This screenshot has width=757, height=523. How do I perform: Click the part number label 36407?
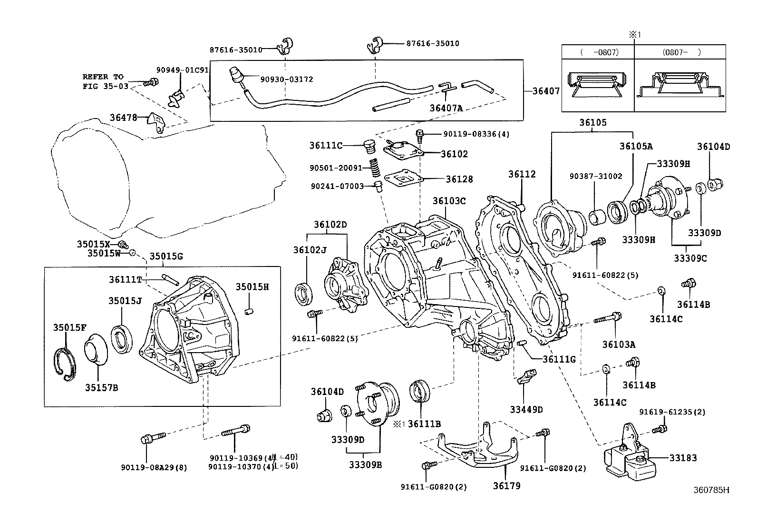[x=546, y=91]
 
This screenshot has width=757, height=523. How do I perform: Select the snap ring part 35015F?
[x=64, y=365]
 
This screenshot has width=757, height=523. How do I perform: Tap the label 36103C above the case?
[x=448, y=201]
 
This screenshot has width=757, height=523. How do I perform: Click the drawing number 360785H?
[x=710, y=490]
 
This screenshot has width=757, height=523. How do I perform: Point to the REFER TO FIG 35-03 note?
[x=103, y=81]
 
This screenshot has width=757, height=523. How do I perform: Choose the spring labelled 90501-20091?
[x=376, y=167]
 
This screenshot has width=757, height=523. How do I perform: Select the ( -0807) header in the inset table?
[x=598, y=53]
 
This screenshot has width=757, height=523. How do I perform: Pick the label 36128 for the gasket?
[x=459, y=179]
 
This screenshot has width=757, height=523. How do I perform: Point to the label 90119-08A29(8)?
[x=154, y=467]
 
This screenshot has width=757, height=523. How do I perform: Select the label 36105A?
[x=636, y=147]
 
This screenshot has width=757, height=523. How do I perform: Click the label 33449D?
[x=526, y=409]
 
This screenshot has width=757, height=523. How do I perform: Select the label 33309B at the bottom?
[x=365, y=464]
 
